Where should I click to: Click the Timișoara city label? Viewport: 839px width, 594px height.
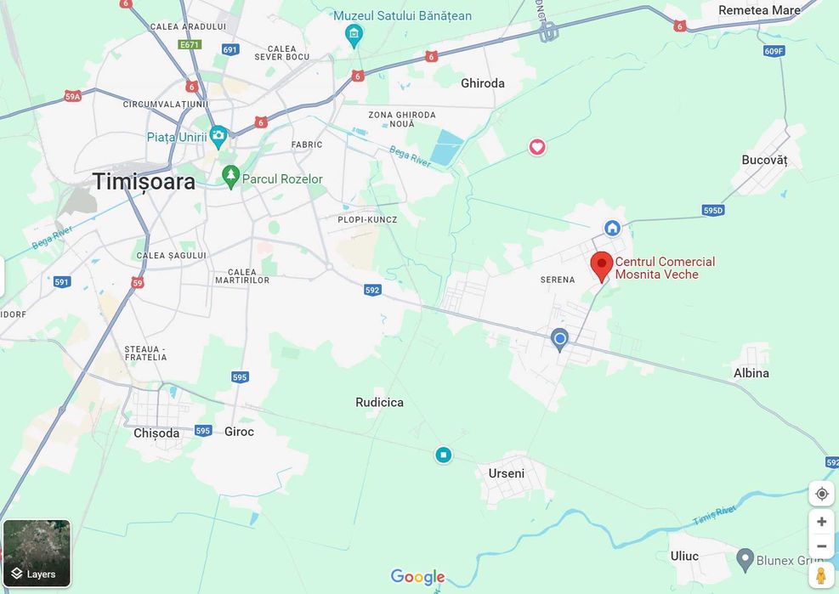point(144,181)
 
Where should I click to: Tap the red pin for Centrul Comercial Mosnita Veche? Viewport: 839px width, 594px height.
point(602,265)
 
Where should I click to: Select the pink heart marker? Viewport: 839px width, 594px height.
point(537,147)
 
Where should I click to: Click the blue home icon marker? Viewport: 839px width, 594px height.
point(612,228)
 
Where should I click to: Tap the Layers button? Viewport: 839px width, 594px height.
point(37,553)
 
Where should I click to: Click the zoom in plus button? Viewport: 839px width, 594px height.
point(821,522)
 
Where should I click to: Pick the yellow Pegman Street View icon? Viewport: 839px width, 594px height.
point(821,575)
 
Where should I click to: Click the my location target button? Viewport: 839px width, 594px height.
point(821,494)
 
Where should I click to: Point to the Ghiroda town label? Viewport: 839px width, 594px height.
point(483,83)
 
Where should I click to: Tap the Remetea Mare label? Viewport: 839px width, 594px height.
point(759,10)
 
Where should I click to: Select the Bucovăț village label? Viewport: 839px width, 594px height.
point(764,160)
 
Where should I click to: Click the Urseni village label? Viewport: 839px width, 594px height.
point(507,473)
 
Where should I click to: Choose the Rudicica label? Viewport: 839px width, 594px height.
point(379,402)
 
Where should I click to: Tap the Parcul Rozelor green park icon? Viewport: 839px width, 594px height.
point(230,177)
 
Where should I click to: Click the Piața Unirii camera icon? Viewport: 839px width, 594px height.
point(218,135)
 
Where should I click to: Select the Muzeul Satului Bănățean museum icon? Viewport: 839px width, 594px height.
point(354,35)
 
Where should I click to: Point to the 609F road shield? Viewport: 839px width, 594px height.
point(774,51)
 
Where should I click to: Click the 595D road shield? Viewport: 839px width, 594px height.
point(713,210)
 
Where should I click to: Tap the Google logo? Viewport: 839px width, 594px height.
point(417,577)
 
